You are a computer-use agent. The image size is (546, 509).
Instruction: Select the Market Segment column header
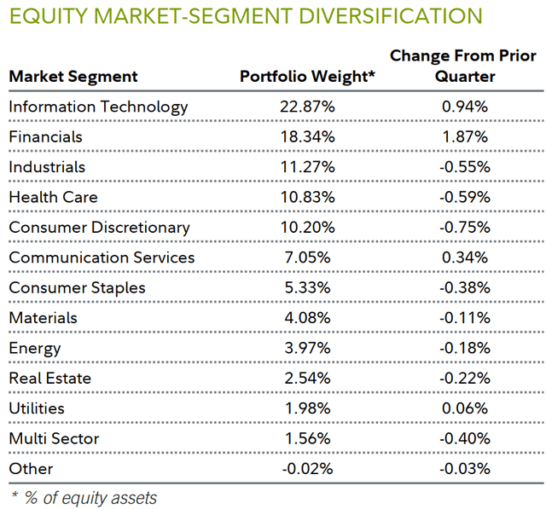(x=73, y=77)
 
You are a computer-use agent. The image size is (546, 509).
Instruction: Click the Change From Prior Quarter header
(x=463, y=67)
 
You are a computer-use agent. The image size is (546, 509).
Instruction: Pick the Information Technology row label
(x=98, y=107)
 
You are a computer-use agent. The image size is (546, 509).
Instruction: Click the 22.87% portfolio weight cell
(x=306, y=107)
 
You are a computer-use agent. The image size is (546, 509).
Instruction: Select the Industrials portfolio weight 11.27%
(x=306, y=167)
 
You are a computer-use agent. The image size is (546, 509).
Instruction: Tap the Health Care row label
(x=53, y=197)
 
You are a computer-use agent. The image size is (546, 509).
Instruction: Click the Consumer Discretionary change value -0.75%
(x=463, y=228)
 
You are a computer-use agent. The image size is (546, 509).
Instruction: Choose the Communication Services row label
(x=102, y=257)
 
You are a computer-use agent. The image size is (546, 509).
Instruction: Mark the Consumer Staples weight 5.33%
(x=306, y=288)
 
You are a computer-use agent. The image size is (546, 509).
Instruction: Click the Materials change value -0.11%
(x=463, y=318)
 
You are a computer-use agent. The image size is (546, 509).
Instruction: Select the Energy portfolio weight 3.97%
(x=306, y=348)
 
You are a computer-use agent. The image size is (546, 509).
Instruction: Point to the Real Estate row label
(x=49, y=379)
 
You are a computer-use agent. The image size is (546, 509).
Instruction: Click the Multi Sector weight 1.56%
(x=306, y=439)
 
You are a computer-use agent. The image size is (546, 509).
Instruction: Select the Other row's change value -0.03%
(x=463, y=469)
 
